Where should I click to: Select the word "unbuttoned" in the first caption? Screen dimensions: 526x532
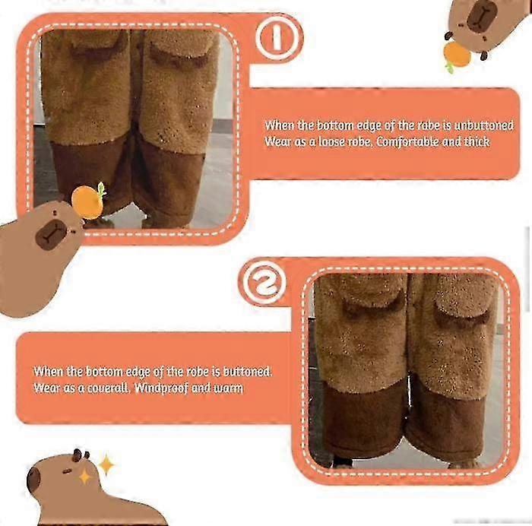tap(480, 125)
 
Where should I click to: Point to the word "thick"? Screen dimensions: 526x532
tap(476, 141)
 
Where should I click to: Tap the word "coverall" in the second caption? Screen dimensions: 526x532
tap(97, 388)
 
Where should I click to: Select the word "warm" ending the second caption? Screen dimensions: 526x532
tap(228, 388)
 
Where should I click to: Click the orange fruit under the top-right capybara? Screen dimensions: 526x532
tap(457, 54)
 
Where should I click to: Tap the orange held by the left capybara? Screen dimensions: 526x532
tap(87, 201)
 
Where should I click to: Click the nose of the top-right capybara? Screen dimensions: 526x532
tap(480, 16)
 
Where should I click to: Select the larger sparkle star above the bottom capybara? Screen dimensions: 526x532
tap(106, 464)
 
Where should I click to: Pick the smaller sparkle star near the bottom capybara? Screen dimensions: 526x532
tap(84, 477)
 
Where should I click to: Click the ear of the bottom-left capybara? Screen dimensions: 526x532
tap(78, 455)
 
